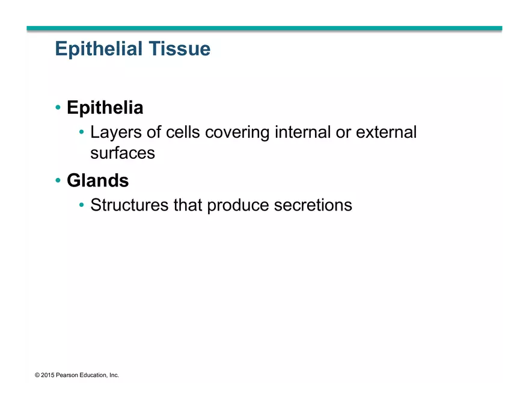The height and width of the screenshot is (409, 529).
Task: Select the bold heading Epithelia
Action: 105,108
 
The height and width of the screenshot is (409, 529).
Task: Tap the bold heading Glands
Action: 97,180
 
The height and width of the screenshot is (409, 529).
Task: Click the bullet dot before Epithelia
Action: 58,108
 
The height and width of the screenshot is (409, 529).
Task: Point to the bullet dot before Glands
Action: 58,180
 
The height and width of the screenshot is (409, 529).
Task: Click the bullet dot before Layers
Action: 82,132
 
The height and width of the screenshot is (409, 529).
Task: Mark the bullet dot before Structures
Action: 82,205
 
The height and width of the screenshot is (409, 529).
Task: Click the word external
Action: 386,132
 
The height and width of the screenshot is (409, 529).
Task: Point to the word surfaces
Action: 123,153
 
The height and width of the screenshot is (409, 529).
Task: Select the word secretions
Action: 313,205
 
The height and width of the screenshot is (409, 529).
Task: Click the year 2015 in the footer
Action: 48,375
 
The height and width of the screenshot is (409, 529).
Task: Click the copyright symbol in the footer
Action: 37,375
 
